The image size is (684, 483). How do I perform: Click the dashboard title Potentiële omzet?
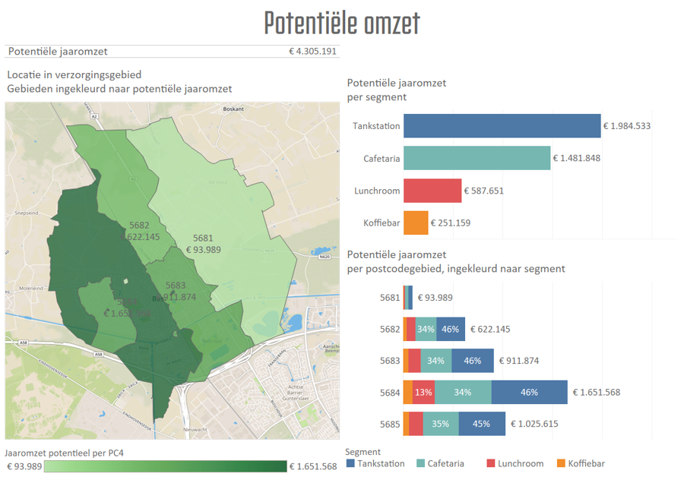342,23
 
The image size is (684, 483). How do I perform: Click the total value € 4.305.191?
313,52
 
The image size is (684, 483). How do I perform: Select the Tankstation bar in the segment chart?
502,126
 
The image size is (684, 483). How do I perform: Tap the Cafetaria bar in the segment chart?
477,158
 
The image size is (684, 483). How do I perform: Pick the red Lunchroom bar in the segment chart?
432,191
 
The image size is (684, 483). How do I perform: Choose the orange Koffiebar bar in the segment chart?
416,223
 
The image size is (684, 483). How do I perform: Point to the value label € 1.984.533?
627,126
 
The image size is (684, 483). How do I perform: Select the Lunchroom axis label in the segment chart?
377,191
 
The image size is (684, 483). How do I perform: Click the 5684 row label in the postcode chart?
390,393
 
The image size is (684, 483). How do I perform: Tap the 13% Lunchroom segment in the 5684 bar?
424,393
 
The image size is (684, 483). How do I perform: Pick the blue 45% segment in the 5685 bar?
481,424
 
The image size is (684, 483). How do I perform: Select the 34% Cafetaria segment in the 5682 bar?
426,330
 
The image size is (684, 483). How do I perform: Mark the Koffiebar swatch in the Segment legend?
562,463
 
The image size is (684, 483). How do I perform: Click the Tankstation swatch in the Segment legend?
350,463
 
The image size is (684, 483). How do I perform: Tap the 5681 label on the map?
203,238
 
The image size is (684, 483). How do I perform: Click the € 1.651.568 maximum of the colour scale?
313,466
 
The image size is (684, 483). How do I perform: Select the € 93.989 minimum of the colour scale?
24,466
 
